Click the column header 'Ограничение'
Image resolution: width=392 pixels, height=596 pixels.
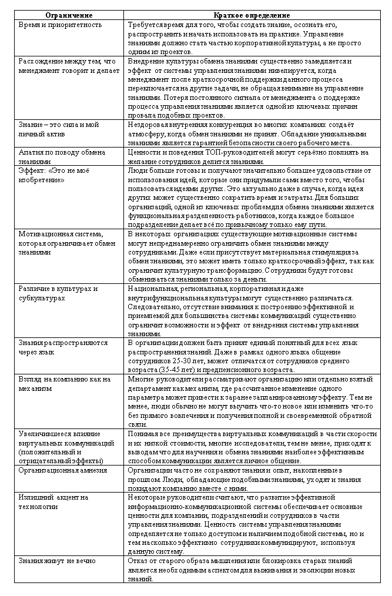[69, 15]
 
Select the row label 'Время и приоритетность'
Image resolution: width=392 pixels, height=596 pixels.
[60, 25]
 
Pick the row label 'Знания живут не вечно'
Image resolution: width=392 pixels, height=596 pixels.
[56, 561]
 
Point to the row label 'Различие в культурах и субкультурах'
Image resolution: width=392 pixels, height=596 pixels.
[58, 294]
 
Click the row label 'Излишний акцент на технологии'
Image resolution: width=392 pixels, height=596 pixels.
[53, 502]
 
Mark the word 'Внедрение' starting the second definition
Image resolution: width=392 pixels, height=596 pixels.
[146, 61]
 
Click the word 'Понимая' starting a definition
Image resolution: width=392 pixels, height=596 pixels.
[141, 434]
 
